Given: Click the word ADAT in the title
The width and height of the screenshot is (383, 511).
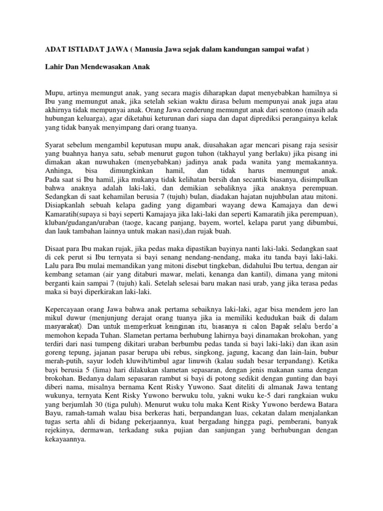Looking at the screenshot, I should tap(50, 50).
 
